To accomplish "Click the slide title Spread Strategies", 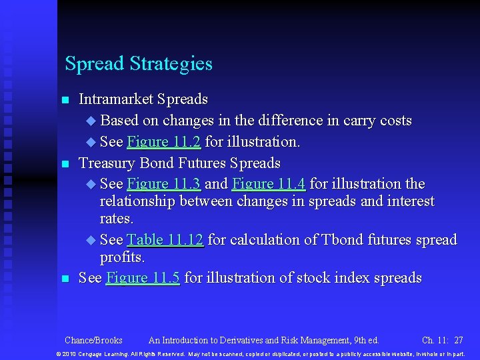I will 139,64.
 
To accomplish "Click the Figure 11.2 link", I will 163,142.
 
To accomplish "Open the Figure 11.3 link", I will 163,184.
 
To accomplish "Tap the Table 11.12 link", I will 165,240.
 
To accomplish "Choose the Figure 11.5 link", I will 143,278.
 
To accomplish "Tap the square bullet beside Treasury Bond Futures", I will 65,164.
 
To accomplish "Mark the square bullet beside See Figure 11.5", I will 65,279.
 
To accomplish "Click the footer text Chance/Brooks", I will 93,340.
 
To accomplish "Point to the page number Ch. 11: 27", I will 443,340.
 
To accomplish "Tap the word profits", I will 122,257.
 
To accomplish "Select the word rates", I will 117,219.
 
